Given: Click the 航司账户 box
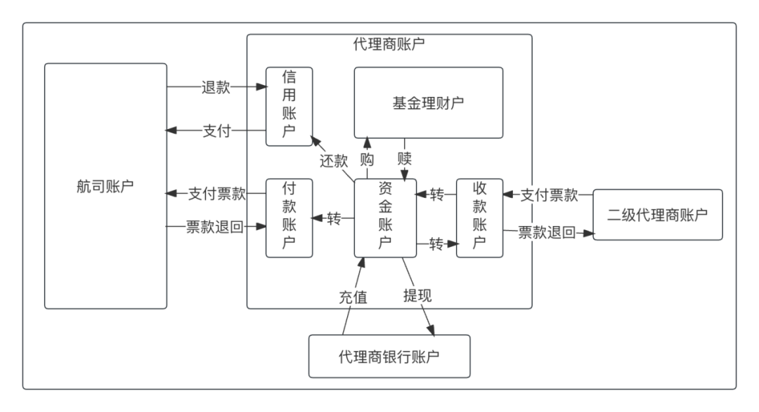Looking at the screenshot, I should coord(105,186).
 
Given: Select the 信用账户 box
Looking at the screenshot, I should coord(289,106).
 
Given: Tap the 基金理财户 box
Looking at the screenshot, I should coord(428,102).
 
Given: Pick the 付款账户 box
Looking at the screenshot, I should coord(289,218).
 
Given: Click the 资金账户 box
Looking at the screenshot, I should coord(385,218).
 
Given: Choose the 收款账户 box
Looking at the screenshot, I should coord(479,218).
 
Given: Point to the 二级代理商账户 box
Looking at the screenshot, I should coord(657,215).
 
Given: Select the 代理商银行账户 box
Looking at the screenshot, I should coord(389,356).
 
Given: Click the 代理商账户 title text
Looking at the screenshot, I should coord(389,44).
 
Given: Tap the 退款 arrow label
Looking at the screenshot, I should coord(216,88).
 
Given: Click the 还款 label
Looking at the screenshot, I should coord(334,160).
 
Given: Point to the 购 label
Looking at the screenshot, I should coord(367,159).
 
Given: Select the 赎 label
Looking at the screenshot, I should coord(405,157).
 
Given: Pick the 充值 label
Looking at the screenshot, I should coord(353,297).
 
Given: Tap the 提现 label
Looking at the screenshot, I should coord(417,295).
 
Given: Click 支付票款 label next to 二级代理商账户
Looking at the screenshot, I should coord(549,195).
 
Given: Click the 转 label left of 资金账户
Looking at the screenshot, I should coord(334,219).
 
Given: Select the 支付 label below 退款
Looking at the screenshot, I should coord(216,131).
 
